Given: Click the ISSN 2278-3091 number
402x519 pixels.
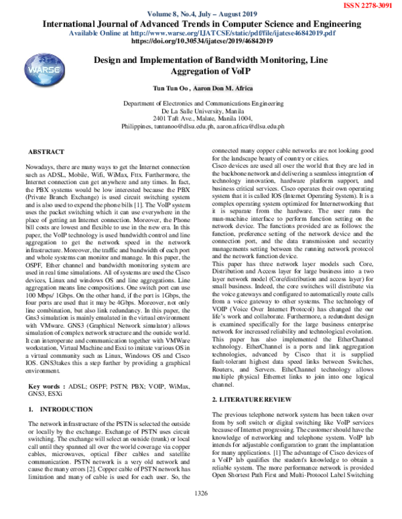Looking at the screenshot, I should tap(367, 5).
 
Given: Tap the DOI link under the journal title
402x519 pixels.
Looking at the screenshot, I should tap(202, 40).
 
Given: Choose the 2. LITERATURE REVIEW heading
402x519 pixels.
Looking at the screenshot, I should tap(253, 399).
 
